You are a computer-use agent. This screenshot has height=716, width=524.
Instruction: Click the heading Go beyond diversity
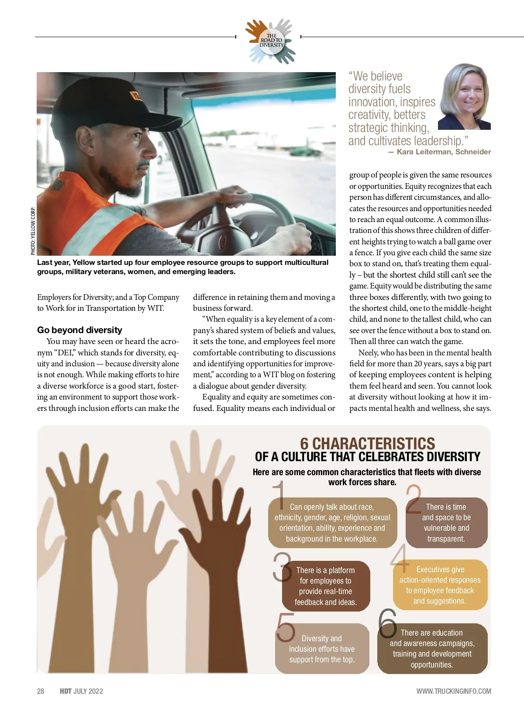[x=79, y=330]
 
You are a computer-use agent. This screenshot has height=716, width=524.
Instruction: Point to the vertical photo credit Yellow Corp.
[x=33, y=231]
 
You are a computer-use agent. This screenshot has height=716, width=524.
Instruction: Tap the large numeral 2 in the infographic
[x=414, y=499]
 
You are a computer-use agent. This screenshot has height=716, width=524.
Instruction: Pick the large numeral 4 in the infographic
[x=400, y=558]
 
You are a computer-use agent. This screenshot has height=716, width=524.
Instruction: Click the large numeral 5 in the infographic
[x=286, y=627]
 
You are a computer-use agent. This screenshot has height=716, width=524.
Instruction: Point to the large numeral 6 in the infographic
[x=387, y=622]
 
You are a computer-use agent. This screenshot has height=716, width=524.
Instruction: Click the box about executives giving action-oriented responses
[x=440, y=585]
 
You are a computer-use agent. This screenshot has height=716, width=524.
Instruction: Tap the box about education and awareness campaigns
[x=432, y=649]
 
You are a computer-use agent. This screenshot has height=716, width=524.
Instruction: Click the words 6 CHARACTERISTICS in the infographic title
[x=367, y=443]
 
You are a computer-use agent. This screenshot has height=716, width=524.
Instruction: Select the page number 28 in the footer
[x=41, y=691]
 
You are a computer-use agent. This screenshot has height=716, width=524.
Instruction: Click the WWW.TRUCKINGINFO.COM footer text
[x=453, y=691]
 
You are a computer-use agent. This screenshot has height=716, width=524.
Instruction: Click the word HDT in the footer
[x=65, y=691]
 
